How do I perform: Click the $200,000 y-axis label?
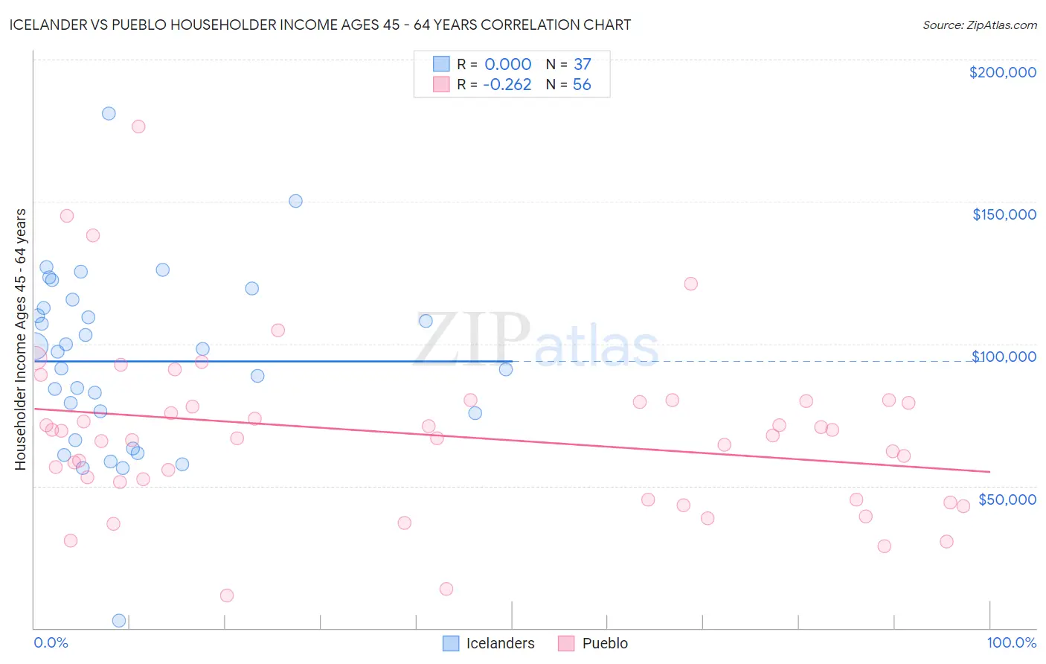(1002, 72)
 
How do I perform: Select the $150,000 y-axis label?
(1004, 214)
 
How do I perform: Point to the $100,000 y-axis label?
(1004, 357)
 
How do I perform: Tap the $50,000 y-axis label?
(1007, 499)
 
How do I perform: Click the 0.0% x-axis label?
(51, 642)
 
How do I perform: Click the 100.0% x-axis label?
(1011, 642)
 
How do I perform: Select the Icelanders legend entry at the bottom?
(489, 643)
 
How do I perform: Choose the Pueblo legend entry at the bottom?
(593, 643)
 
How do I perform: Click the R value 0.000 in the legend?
(507, 64)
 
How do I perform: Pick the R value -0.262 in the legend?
(507, 84)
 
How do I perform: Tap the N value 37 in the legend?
(582, 64)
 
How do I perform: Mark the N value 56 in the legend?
(582, 84)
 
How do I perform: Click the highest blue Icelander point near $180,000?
(109, 114)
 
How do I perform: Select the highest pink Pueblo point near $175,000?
(138, 127)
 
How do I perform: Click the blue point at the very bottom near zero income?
(119, 620)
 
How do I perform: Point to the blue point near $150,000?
(295, 201)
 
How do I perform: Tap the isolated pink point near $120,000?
(690, 284)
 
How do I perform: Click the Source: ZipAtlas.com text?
(979, 25)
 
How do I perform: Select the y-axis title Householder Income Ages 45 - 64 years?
(20, 339)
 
